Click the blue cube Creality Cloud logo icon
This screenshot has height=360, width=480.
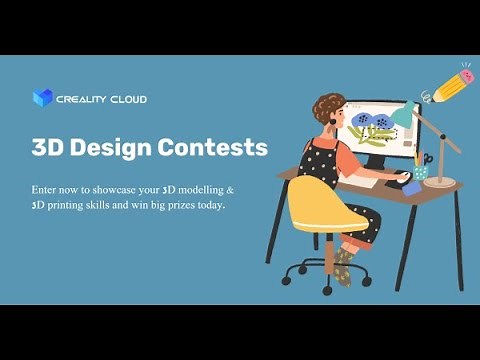tap(41, 98)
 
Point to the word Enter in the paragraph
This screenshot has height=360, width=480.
tap(46, 188)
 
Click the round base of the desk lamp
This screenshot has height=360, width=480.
tap(439, 182)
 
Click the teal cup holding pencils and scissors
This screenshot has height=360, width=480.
tap(421, 172)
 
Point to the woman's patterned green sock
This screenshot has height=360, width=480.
tap(343, 263)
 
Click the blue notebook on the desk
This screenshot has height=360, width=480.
tap(410, 188)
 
